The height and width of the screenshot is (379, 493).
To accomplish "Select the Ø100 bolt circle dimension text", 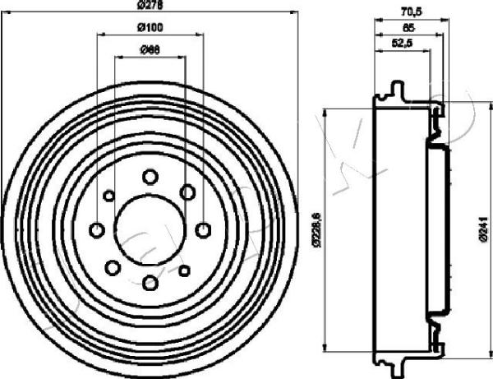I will (x=149, y=28).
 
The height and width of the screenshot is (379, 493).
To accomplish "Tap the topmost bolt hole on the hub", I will (x=150, y=176).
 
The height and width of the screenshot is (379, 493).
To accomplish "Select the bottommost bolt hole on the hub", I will (x=150, y=283).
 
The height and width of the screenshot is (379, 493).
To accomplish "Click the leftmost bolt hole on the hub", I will (x=96, y=229).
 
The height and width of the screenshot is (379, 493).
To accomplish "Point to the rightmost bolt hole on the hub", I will (x=203, y=229).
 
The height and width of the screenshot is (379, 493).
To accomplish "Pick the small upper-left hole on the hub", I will (x=109, y=195).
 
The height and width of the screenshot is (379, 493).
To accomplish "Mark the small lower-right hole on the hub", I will (x=185, y=269).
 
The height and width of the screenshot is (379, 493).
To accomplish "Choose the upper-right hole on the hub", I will (x=187, y=192).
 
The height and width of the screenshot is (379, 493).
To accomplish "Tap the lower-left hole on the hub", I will (x=112, y=267).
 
